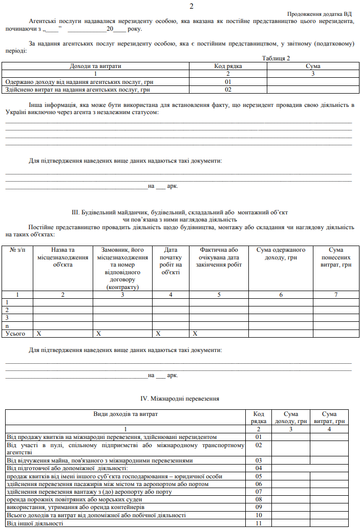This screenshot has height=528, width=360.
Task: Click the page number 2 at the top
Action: click(x=191, y=6)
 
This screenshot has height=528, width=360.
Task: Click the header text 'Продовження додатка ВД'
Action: click(x=320, y=14)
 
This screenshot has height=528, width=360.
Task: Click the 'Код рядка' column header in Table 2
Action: click(x=228, y=66)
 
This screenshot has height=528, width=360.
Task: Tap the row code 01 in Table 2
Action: click(x=228, y=81)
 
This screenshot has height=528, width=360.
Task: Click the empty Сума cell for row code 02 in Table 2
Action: click(x=313, y=90)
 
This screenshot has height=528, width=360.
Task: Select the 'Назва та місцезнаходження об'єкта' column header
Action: click(x=62, y=257)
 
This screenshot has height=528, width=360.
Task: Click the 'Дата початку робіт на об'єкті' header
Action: click(x=171, y=261)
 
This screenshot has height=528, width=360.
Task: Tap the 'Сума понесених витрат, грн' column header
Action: click(x=335, y=257)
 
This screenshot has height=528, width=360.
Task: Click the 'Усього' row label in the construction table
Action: click(x=15, y=334)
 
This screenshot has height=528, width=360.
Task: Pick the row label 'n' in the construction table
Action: click(x=7, y=325)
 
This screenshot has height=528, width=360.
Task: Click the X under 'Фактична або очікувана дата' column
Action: click(x=195, y=334)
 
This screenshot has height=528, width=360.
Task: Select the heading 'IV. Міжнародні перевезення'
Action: click(x=180, y=398)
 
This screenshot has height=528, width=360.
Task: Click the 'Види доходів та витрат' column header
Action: click(x=125, y=413)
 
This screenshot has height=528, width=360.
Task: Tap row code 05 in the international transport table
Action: click(x=259, y=476)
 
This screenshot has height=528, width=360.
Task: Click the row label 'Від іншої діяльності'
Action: click(x=35, y=523)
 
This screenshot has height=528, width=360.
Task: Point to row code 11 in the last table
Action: click(x=259, y=523)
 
